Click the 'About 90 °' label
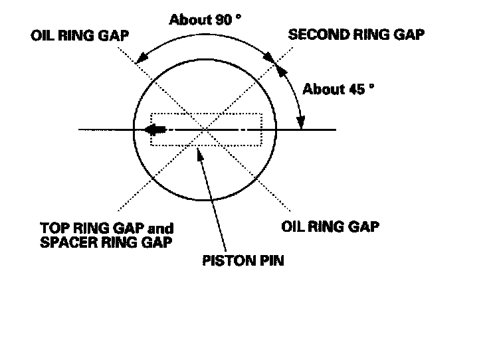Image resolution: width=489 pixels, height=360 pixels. tap(205, 19)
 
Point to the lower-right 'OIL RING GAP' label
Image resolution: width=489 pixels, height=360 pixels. tap(330, 226)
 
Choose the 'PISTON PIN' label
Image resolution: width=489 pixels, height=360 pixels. tap(243, 260)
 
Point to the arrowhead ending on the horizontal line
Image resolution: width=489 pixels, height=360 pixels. tap(301, 123)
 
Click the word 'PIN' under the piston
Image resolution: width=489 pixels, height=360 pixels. tap(272, 260)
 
